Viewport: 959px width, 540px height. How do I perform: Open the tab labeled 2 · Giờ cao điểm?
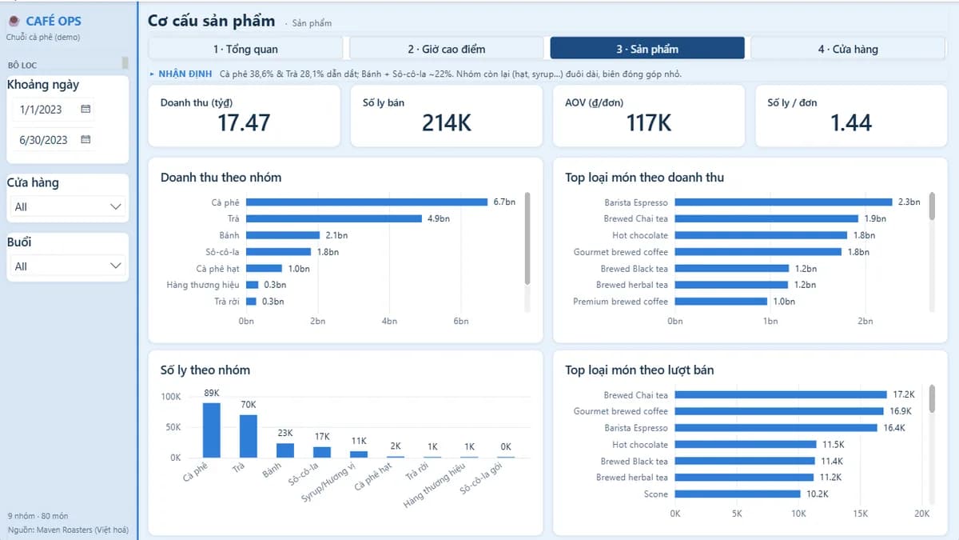[x=446, y=49]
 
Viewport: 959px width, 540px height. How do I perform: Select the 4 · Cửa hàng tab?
[x=848, y=49]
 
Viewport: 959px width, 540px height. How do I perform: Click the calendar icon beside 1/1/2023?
[x=86, y=109]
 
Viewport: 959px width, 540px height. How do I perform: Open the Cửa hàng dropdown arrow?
[x=116, y=206]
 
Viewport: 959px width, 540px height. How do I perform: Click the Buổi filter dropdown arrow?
[x=116, y=266]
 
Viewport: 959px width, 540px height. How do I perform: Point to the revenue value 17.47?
[x=244, y=122]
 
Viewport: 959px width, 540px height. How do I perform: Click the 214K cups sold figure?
[x=447, y=122]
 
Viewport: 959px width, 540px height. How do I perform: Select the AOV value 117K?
[x=649, y=122]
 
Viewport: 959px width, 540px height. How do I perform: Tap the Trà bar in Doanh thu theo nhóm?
[x=334, y=218]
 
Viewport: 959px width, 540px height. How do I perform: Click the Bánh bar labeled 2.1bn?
[x=283, y=235]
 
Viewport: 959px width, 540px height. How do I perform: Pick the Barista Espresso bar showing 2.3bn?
[x=783, y=202]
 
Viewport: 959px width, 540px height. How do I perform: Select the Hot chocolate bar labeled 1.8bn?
[x=761, y=235]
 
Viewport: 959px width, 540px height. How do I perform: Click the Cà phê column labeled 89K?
[x=212, y=430]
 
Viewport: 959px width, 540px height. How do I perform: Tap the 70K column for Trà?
[x=249, y=436]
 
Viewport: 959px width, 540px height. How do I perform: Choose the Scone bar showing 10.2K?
[x=738, y=494]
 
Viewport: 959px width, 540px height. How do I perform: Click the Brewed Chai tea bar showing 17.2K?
[x=781, y=394]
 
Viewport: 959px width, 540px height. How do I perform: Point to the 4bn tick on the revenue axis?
[x=389, y=321]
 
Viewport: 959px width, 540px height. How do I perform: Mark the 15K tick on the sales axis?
[x=860, y=514]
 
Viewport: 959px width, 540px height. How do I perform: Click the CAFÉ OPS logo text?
[x=53, y=21]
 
